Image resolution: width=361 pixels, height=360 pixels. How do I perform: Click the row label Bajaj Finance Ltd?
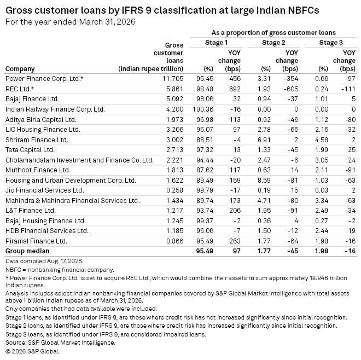(x=32, y=99)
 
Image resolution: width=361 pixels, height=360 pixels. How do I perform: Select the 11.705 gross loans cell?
(x=173, y=79)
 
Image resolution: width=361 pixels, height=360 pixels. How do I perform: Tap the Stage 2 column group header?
(x=273, y=43)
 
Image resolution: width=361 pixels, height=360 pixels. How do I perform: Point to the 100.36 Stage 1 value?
(x=203, y=109)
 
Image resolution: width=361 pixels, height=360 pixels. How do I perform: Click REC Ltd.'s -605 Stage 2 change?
(x=291, y=89)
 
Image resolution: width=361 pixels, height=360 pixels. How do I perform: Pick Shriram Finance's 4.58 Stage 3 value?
(x=322, y=140)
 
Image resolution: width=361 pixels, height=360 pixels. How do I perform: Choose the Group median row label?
(x=27, y=251)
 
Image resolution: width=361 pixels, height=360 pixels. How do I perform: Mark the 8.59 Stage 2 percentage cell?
(x=264, y=180)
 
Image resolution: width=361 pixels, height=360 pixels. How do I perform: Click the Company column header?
(x=20, y=69)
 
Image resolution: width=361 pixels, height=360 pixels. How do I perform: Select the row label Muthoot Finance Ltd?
(x=38, y=170)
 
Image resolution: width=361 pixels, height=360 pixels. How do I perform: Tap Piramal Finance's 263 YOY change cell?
(x=235, y=241)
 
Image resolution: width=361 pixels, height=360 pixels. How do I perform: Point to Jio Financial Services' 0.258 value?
(x=174, y=190)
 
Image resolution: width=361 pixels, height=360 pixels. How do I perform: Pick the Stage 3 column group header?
(x=331, y=43)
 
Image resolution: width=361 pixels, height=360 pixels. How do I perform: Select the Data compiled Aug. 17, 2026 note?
(x=44, y=261)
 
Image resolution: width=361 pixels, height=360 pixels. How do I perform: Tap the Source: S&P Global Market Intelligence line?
(x=60, y=342)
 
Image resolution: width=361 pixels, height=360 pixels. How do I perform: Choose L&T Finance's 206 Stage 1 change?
(x=235, y=211)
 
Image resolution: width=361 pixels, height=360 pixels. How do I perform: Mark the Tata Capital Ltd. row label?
(x=30, y=150)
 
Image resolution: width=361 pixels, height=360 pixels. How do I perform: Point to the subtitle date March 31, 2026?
(x=107, y=22)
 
